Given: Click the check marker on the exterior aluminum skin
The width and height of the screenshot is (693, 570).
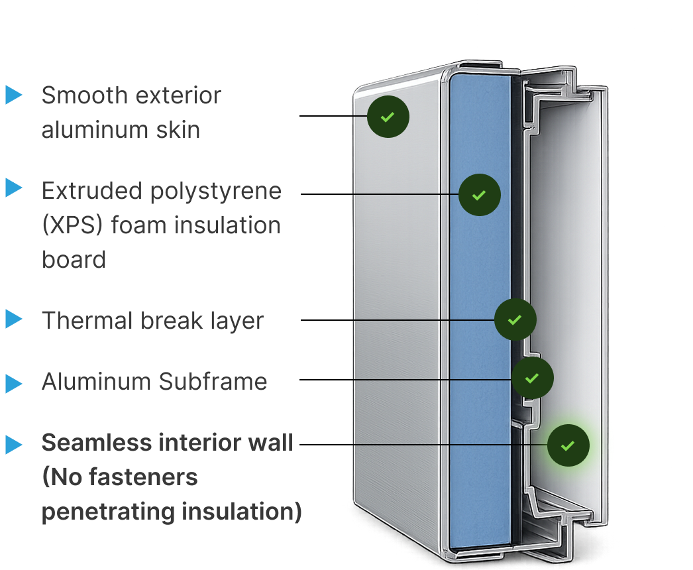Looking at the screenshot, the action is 388,117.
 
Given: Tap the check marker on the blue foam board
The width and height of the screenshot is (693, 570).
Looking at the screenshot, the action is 480,195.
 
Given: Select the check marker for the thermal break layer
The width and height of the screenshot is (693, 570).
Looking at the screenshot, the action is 515,319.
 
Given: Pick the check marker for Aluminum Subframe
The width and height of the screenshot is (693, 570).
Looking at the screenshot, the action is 532,378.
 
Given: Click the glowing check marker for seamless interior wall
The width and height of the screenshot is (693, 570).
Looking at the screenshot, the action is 568,445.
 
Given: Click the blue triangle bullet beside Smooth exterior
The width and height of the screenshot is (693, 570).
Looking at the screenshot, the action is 14,95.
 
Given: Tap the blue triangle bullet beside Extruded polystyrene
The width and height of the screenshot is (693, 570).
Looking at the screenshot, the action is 14,188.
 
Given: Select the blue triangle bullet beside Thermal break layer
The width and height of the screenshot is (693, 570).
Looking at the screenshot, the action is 14,319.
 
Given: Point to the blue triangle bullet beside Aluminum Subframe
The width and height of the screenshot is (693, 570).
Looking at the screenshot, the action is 14,384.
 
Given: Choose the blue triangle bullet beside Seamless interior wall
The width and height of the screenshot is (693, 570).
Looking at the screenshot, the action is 14,445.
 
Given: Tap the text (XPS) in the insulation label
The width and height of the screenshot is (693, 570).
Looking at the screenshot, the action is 72,225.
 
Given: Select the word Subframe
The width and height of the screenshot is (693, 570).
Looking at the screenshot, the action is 213,381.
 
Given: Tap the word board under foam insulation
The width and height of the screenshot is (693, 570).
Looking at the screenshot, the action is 74,259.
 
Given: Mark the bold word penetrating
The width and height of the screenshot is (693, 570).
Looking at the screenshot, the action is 108,512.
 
